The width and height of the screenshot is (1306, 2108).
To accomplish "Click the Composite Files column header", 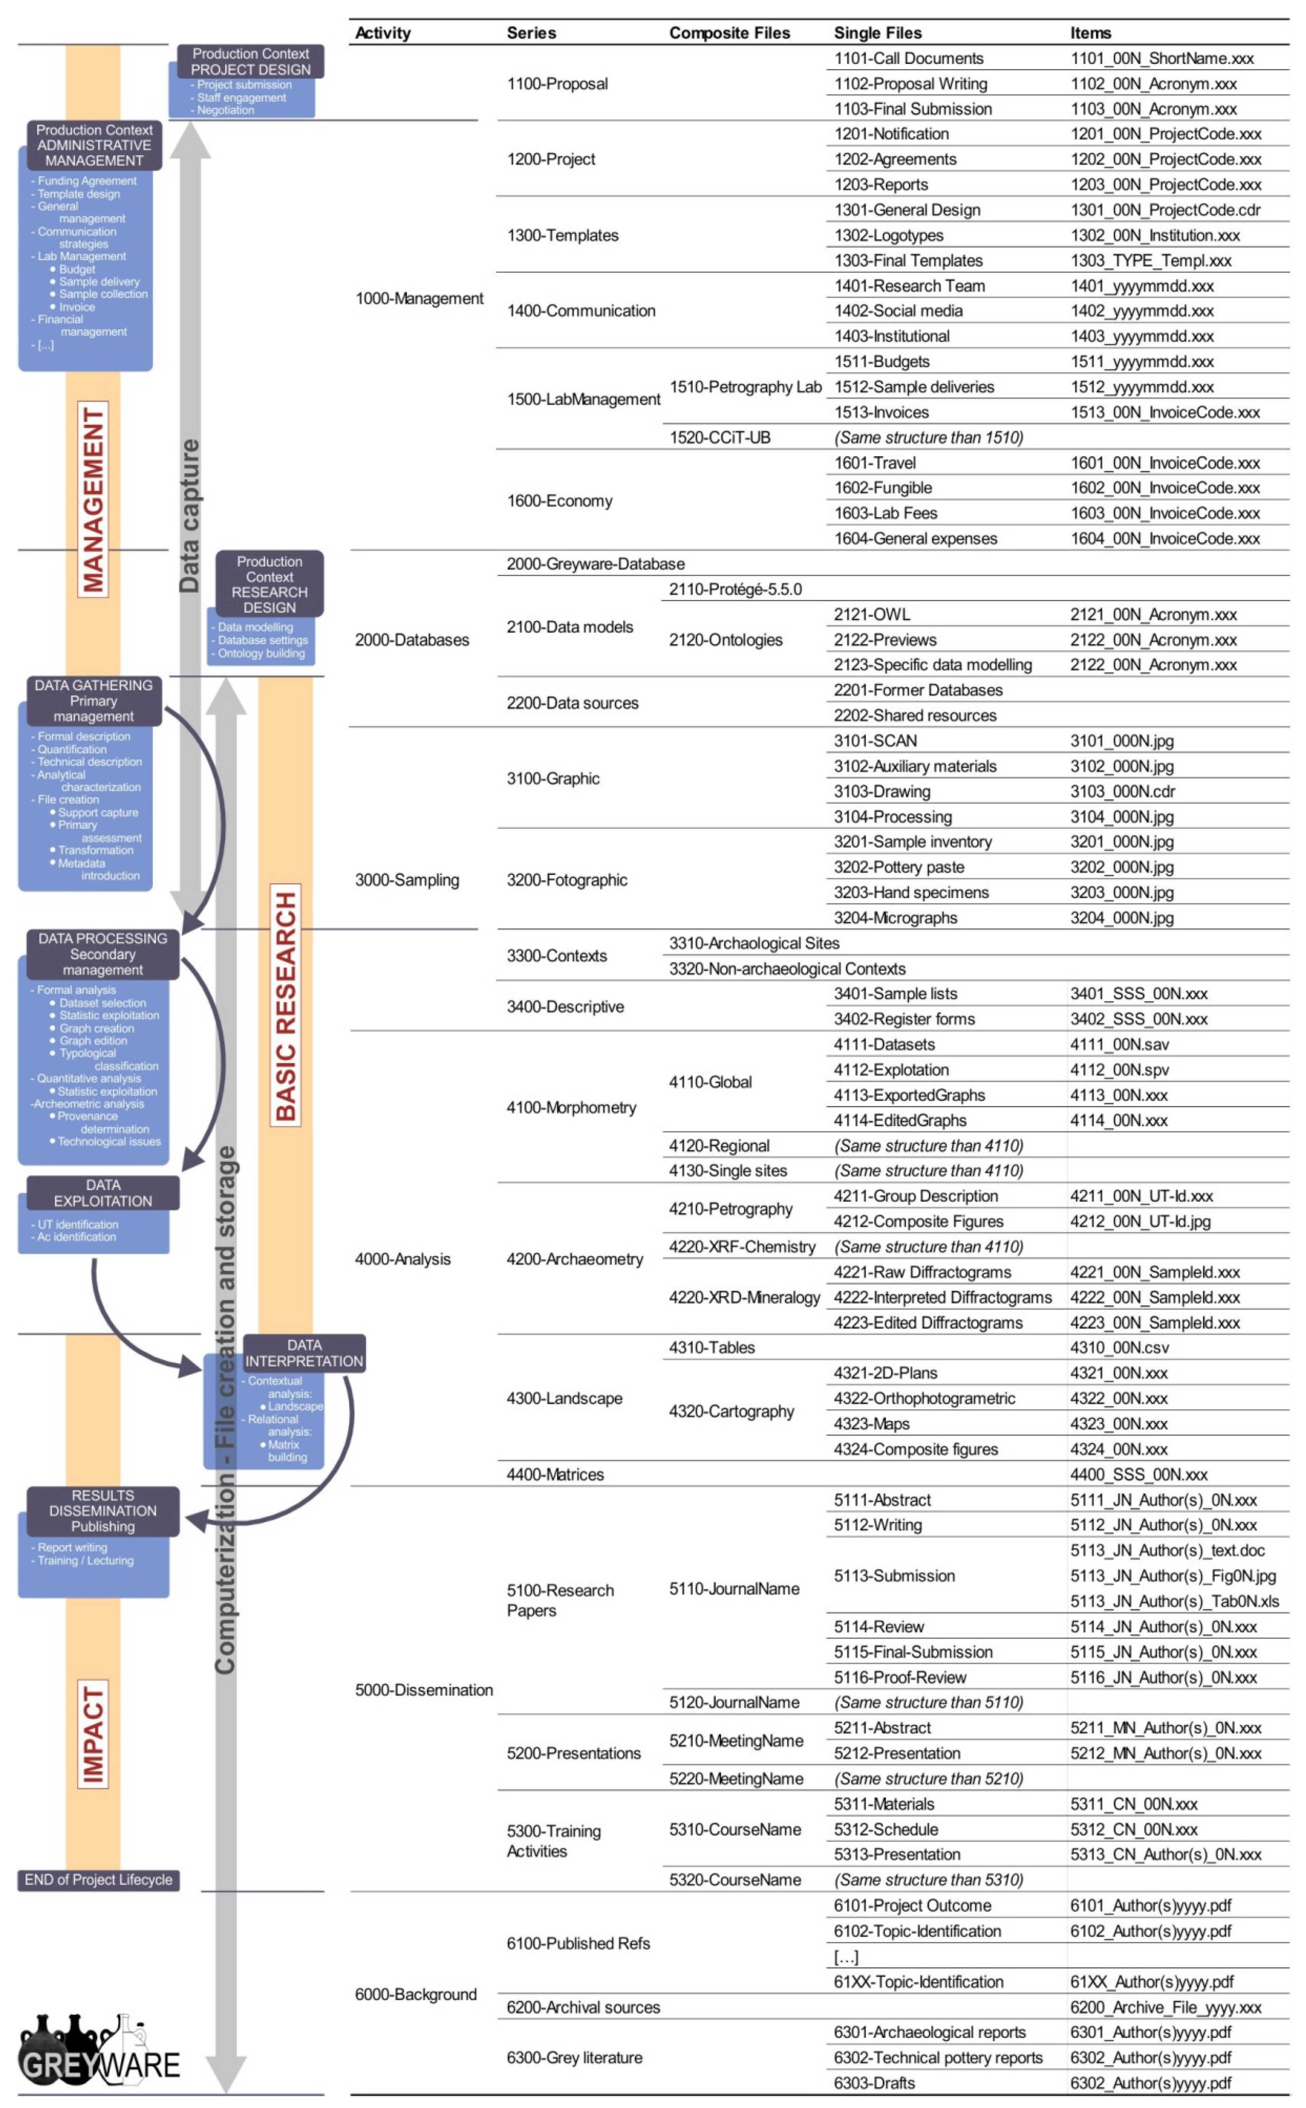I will pos(729,33).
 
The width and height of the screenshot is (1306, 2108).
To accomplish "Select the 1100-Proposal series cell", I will pos(557,84).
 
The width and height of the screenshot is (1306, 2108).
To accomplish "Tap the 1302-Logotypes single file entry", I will pos(888,235).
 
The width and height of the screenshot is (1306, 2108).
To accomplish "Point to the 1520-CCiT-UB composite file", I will pos(720,437).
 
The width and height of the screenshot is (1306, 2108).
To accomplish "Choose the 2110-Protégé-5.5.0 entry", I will pos(735,589).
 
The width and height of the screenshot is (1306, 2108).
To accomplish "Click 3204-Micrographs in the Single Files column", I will pos(895,918).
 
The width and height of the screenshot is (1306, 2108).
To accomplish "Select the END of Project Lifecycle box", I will pos(98,1879).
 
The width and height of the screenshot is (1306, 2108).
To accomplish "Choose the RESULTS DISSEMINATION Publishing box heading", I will pos(103,1510).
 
